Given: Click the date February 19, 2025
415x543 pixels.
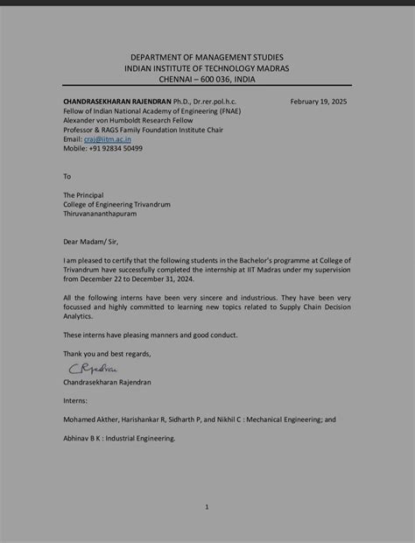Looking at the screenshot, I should tap(319, 102).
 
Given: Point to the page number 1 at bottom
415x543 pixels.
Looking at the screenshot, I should tap(207, 506).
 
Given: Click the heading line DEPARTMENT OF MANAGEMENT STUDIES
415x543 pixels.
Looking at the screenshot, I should tap(207, 57).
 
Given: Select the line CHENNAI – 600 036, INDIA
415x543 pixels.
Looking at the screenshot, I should tap(207, 78).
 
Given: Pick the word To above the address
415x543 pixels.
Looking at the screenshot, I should tap(67, 176).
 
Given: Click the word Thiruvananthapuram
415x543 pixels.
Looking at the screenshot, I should tap(107, 214).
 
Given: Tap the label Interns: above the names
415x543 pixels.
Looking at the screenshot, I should tap(75, 400).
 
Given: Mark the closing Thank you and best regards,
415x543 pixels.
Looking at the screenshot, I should tap(107, 354).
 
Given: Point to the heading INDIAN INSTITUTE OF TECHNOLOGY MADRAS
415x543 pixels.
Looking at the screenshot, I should tap(207, 67).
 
